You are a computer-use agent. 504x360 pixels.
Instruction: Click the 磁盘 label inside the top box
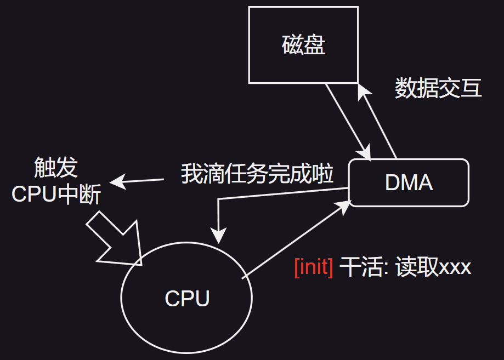[x=303, y=45]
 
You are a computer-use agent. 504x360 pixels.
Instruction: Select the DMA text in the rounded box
[x=409, y=183]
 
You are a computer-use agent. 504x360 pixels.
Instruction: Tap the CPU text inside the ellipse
[x=187, y=299]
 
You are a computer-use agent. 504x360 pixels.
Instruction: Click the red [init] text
[x=313, y=267]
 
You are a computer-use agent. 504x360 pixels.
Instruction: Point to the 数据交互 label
[x=438, y=88]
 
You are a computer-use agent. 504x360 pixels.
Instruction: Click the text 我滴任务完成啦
[x=257, y=174]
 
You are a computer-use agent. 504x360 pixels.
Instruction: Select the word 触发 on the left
[x=55, y=168]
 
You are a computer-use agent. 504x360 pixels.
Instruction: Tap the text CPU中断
[x=56, y=194]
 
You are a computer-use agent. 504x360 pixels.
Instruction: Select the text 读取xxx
[x=433, y=267]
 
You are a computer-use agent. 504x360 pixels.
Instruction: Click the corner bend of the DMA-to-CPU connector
[x=219, y=199]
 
